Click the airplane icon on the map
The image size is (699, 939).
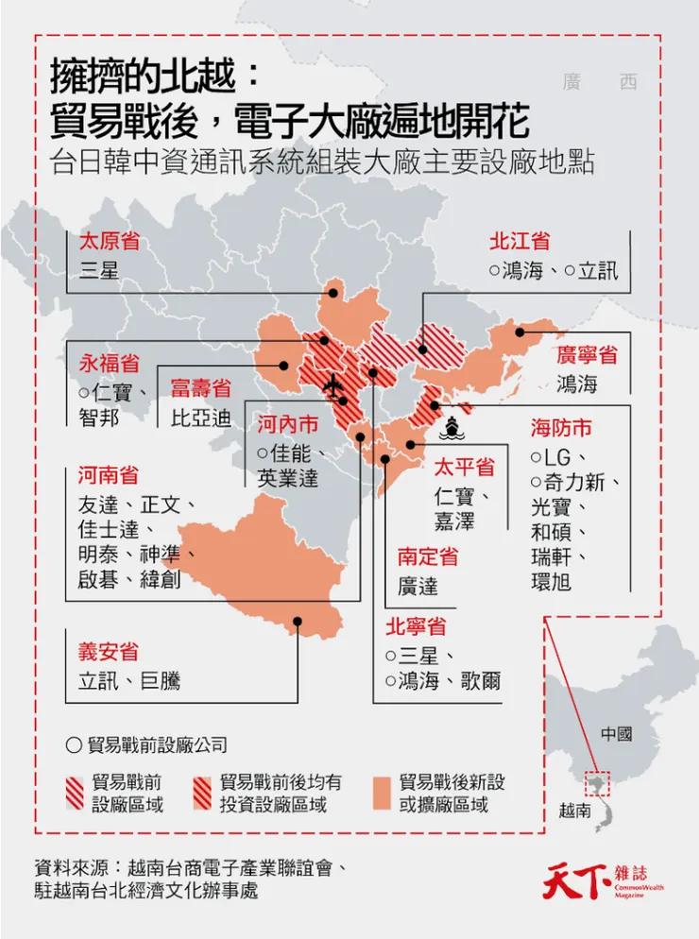tap(332, 385)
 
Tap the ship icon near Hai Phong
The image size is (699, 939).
tap(452, 427)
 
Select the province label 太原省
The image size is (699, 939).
tap(110, 241)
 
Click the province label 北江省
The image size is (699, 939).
tap(520, 241)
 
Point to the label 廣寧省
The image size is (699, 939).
tap(586, 355)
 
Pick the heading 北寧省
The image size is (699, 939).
tap(415, 626)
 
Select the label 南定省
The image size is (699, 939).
tap(428, 556)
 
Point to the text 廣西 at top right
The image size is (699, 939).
tap(599, 81)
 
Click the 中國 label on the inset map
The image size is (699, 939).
tap(616, 734)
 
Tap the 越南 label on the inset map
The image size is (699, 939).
tap(576, 810)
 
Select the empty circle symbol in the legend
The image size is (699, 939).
tap(74, 744)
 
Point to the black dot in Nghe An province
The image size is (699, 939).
tap(297, 621)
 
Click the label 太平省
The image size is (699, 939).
tap(464, 468)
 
